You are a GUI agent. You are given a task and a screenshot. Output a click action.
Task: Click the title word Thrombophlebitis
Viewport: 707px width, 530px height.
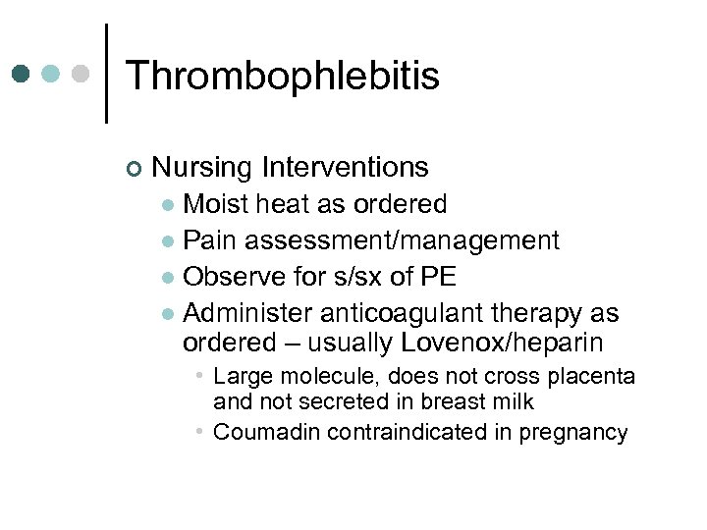pyautogui.click(x=283, y=76)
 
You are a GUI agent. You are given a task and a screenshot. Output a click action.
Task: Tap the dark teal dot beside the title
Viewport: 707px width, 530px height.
pyautogui.click(x=22, y=74)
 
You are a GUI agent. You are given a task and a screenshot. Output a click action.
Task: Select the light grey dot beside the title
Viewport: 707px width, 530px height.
pyautogui.click(x=82, y=74)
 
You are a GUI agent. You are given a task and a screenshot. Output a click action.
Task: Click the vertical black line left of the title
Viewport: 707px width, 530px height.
pyautogui.click(x=106, y=74)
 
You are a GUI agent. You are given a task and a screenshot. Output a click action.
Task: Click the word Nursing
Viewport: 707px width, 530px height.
pyautogui.click(x=202, y=168)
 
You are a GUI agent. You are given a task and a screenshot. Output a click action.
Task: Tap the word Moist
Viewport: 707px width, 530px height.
pyautogui.click(x=217, y=204)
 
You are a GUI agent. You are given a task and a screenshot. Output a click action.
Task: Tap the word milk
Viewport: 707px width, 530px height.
pyautogui.click(x=514, y=401)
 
